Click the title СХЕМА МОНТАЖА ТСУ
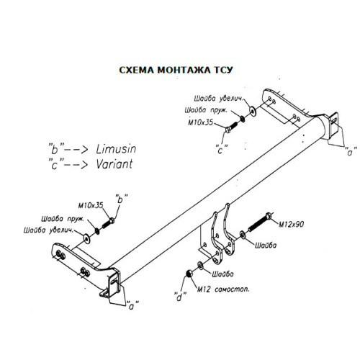coord(176,70)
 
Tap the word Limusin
coord(116,149)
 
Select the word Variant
coord(114,164)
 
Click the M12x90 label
coord(291,224)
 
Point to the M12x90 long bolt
coord(260,222)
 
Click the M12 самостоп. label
coord(223,289)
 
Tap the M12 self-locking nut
coord(189,273)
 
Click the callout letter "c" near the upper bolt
coord(221,149)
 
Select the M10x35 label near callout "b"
coord(91,205)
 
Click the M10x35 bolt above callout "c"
coord(232,127)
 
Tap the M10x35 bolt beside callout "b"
coord(108,223)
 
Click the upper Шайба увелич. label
coord(219,99)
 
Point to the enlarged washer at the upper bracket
coord(253,110)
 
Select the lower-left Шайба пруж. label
coord(63,219)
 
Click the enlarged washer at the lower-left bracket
coord(87,238)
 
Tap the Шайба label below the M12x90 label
coord(266,246)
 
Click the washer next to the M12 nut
coord(200,266)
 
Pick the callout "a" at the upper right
coord(351,151)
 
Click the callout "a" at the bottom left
coord(132,305)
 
